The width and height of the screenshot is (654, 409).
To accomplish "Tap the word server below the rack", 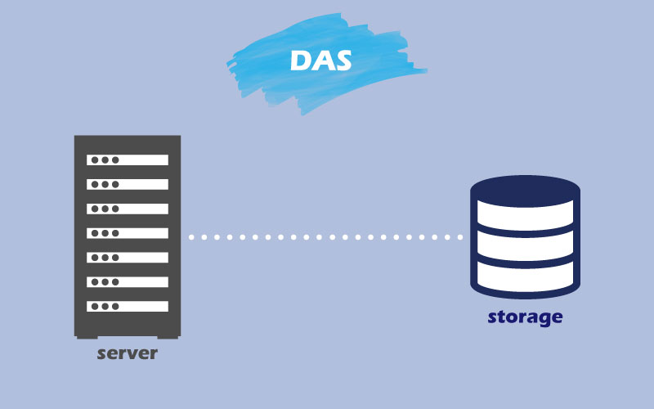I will tap(127, 353).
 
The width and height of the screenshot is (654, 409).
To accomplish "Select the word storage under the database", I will tap(525, 316).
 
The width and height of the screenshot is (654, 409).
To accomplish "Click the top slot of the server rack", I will tap(128, 160).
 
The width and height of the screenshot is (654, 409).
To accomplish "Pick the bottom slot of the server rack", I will tap(128, 306).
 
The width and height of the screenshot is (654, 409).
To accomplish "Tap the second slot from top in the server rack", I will tap(128, 185).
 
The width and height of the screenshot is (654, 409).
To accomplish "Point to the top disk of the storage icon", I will tap(525, 191).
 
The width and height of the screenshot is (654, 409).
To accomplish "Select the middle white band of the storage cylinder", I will tap(525, 245).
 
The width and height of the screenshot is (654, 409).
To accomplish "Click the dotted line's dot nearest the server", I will tap(192, 237).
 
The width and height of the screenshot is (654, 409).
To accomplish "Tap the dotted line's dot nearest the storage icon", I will tap(459, 237).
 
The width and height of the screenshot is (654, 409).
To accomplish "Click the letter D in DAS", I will tap(301, 61).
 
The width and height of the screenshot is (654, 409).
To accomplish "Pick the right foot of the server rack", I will tap(174, 335).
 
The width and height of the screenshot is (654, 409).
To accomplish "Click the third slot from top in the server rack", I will tap(128, 209).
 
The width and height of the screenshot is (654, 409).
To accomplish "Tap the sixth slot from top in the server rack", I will tap(128, 281).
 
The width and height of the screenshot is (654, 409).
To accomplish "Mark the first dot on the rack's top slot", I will tap(94, 160).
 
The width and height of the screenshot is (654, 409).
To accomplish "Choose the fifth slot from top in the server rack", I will tap(128, 258).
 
